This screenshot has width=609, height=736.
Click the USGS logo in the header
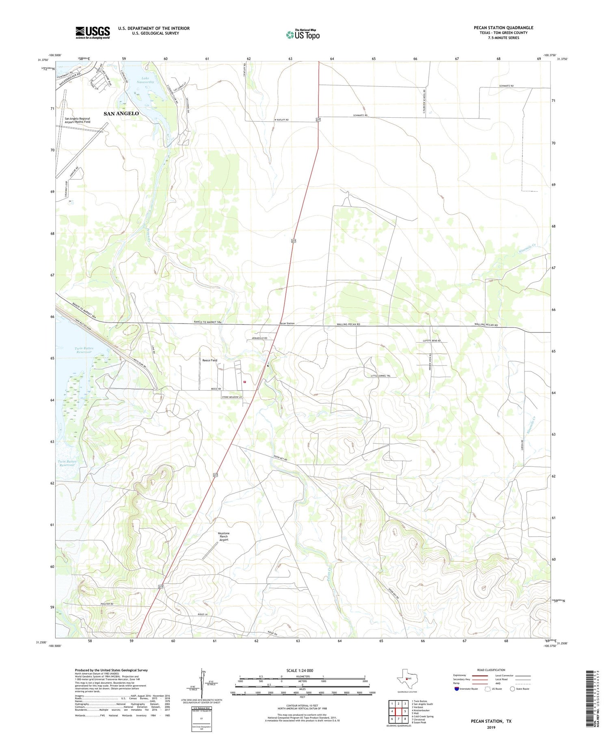pos(93,32)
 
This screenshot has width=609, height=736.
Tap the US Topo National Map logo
pos(302,35)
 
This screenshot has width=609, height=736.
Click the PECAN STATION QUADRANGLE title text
pos(503,28)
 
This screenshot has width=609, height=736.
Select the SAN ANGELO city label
pos(121,114)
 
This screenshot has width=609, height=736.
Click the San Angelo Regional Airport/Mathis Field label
pos(78,120)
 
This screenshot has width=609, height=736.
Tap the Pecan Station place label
pos(287,324)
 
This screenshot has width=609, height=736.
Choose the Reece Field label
pos(209,360)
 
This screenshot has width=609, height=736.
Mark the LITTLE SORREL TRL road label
pos(380,376)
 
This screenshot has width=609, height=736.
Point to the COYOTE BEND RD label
pos(432,341)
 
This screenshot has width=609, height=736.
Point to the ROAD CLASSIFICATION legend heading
pos(491,670)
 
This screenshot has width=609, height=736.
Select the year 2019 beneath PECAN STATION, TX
pos(491,727)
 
